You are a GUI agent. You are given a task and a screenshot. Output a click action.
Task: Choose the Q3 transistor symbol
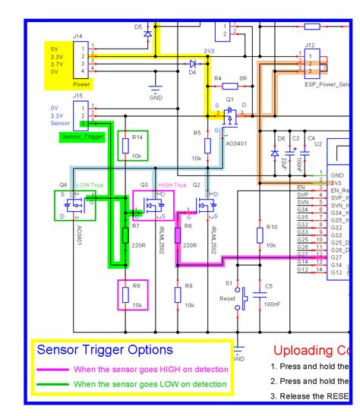pyautogui.click(x=154, y=205)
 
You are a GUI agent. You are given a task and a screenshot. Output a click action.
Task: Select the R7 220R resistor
pyautogui.click(x=125, y=235)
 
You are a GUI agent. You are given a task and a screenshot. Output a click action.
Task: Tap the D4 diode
pyautogui.click(x=192, y=65)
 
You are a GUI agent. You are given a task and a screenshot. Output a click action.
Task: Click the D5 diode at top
pyautogui.click(x=148, y=33)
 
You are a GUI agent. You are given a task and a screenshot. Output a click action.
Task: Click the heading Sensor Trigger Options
pyautogui.click(x=105, y=350)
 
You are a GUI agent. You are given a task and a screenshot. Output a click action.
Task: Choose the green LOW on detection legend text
pyautogui.click(x=150, y=384)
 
